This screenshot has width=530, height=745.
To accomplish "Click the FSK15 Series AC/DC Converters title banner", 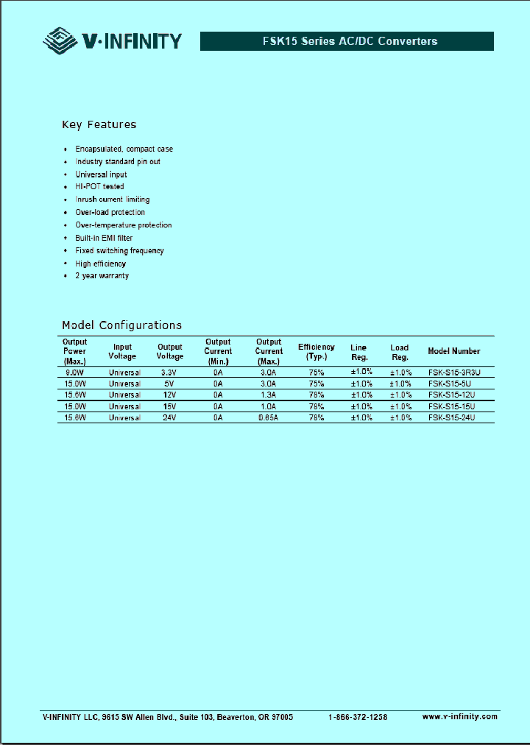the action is [347, 41].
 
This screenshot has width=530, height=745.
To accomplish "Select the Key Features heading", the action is [99, 124].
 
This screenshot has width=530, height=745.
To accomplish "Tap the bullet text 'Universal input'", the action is [101, 174].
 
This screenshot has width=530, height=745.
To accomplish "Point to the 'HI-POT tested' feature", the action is [99, 187].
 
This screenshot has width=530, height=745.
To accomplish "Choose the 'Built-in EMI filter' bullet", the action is [104, 238].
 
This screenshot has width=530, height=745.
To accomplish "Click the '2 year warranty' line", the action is [102, 276].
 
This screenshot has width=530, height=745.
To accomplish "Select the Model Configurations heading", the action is [121, 325].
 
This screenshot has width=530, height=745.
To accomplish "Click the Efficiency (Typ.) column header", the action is [316, 351].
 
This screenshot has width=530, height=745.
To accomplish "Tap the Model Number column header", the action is [453, 351].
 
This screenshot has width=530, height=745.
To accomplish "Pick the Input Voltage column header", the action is [122, 351].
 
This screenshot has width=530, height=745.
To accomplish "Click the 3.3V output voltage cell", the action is [170, 372].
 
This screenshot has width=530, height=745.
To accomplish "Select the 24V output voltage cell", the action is [170, 417].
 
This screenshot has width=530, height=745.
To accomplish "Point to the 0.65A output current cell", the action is [269, 417].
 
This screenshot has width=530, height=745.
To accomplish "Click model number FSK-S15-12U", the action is [451, 395].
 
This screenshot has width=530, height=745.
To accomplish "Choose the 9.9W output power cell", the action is [74, 372].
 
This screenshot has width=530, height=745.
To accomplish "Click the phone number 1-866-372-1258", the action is [357, 717].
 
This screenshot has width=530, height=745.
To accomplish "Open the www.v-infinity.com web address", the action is [459, 716].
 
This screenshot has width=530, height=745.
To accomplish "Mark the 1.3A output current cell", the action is [269, 395].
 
